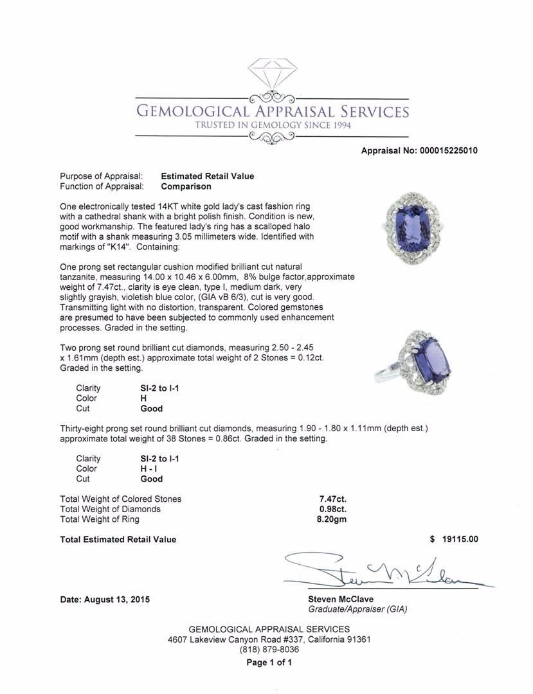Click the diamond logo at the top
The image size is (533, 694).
(272, 76)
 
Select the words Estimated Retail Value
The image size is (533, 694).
(207, 176)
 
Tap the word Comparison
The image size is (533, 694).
(186, 186)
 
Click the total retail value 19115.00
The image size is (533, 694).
(460, 540)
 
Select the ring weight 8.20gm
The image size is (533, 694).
(332, 519)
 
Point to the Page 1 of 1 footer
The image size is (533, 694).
(269, 663)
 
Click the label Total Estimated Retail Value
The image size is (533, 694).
(118, 540)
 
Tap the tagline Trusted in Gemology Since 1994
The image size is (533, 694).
(273, 125)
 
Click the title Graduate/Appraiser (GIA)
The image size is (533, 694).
(357, 609)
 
